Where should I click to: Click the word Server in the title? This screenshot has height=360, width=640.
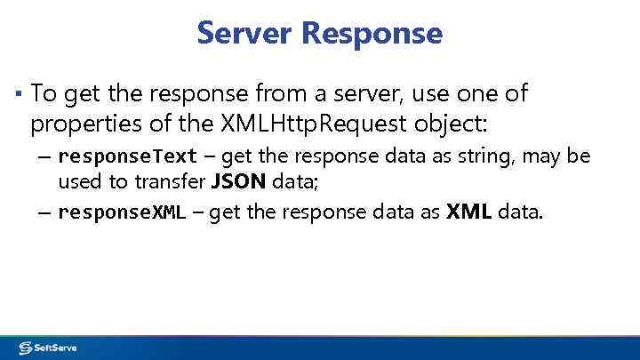click(x=245, y=33)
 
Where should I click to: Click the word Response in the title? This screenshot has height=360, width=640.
click(x=372, y=33)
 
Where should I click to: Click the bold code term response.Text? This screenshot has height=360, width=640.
click(x=127, y=157)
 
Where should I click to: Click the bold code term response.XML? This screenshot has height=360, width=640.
click(x=121, y=212)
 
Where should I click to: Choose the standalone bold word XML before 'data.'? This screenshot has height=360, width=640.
click(x=469, y=212)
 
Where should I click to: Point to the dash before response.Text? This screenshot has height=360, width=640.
click(x=44, y=157)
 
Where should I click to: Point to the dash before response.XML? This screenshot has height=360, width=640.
click(x=44, y=212)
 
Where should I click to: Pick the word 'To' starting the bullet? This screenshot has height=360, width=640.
click(x=43, y=92)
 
